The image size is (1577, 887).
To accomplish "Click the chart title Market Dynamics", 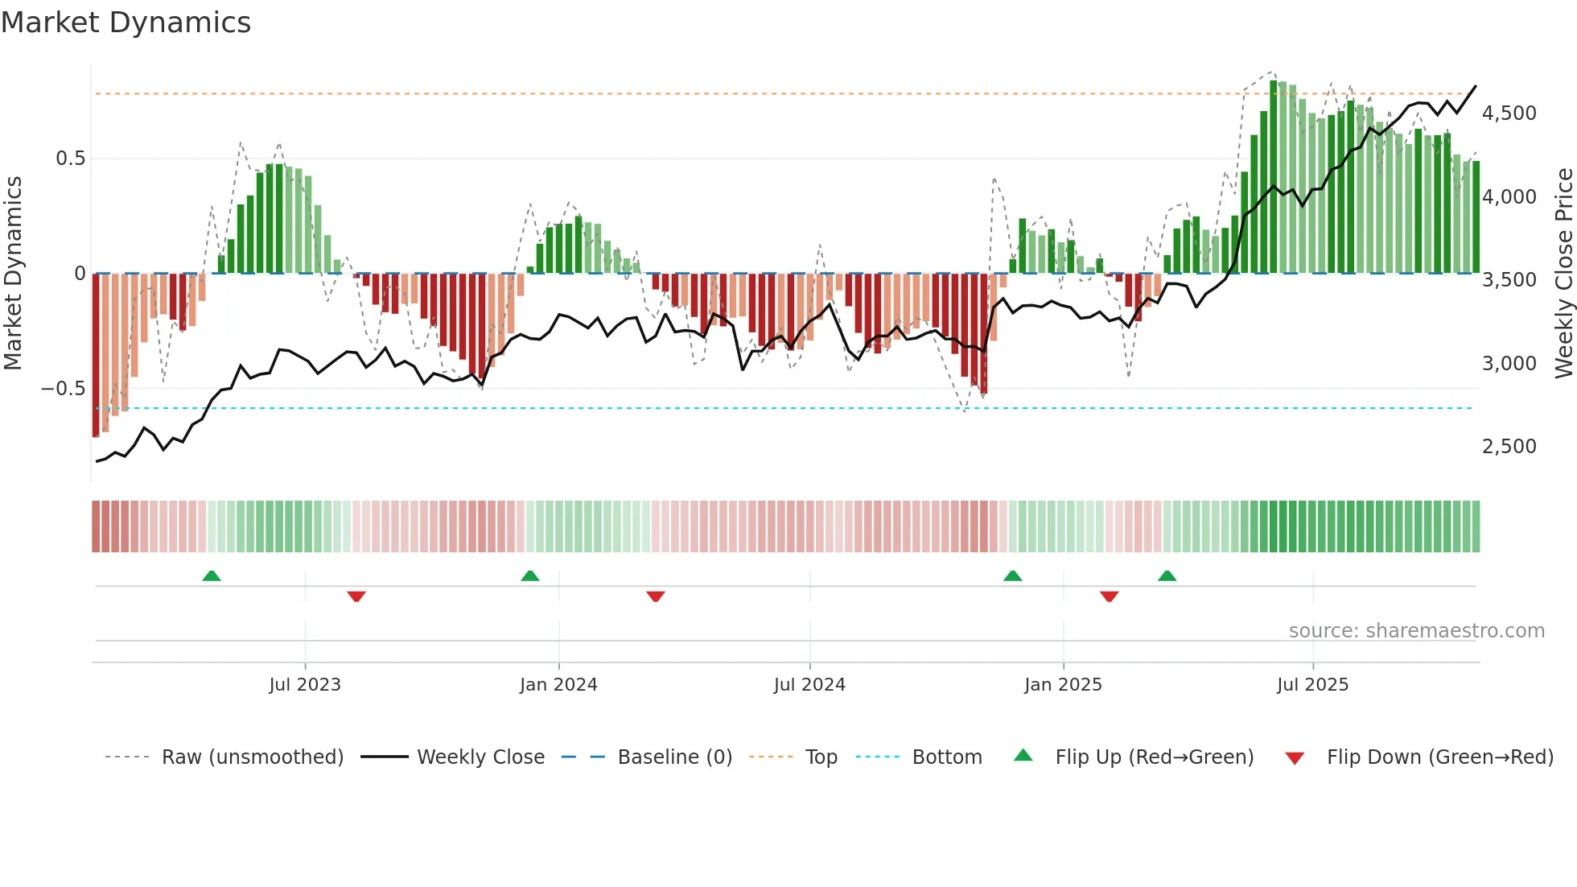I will pyautogui.click(x=126, y=23).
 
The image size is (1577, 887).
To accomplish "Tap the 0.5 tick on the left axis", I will pyautogui.click(x=70, y=159).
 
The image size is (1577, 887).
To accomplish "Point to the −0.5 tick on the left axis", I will pyautogui.click(x=63, y=389).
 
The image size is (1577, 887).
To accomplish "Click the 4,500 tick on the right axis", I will pyautogui.click(x=1509, y=113).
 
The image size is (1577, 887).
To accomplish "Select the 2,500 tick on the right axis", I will pyautogui.click(x=1509, y=447).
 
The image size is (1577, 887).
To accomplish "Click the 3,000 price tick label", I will pyautogui.click(x=1509, y=364).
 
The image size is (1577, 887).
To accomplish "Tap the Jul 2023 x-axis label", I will pyautogui.click(x=305, y=685).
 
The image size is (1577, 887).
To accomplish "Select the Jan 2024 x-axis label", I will pyautogui.click(x=558, y=685).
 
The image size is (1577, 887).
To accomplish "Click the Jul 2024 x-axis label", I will pyautogui.click(x=809, y=685).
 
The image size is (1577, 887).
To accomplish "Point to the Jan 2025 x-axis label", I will pyautogui.click(x=1063, y=685).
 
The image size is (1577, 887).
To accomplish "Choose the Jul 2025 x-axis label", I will pyautogui.click(x=1312, y=685).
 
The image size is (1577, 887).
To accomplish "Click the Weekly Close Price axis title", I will pyautogui.click(x=1563, y=274).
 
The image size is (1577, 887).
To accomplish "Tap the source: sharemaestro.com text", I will pyautogui.click(x=1416, y=631).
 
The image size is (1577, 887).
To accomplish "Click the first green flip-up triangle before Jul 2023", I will pyautogui.click(x=212, y=576).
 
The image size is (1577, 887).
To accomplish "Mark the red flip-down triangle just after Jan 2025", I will pyautogui.click(x=1110, y=596).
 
